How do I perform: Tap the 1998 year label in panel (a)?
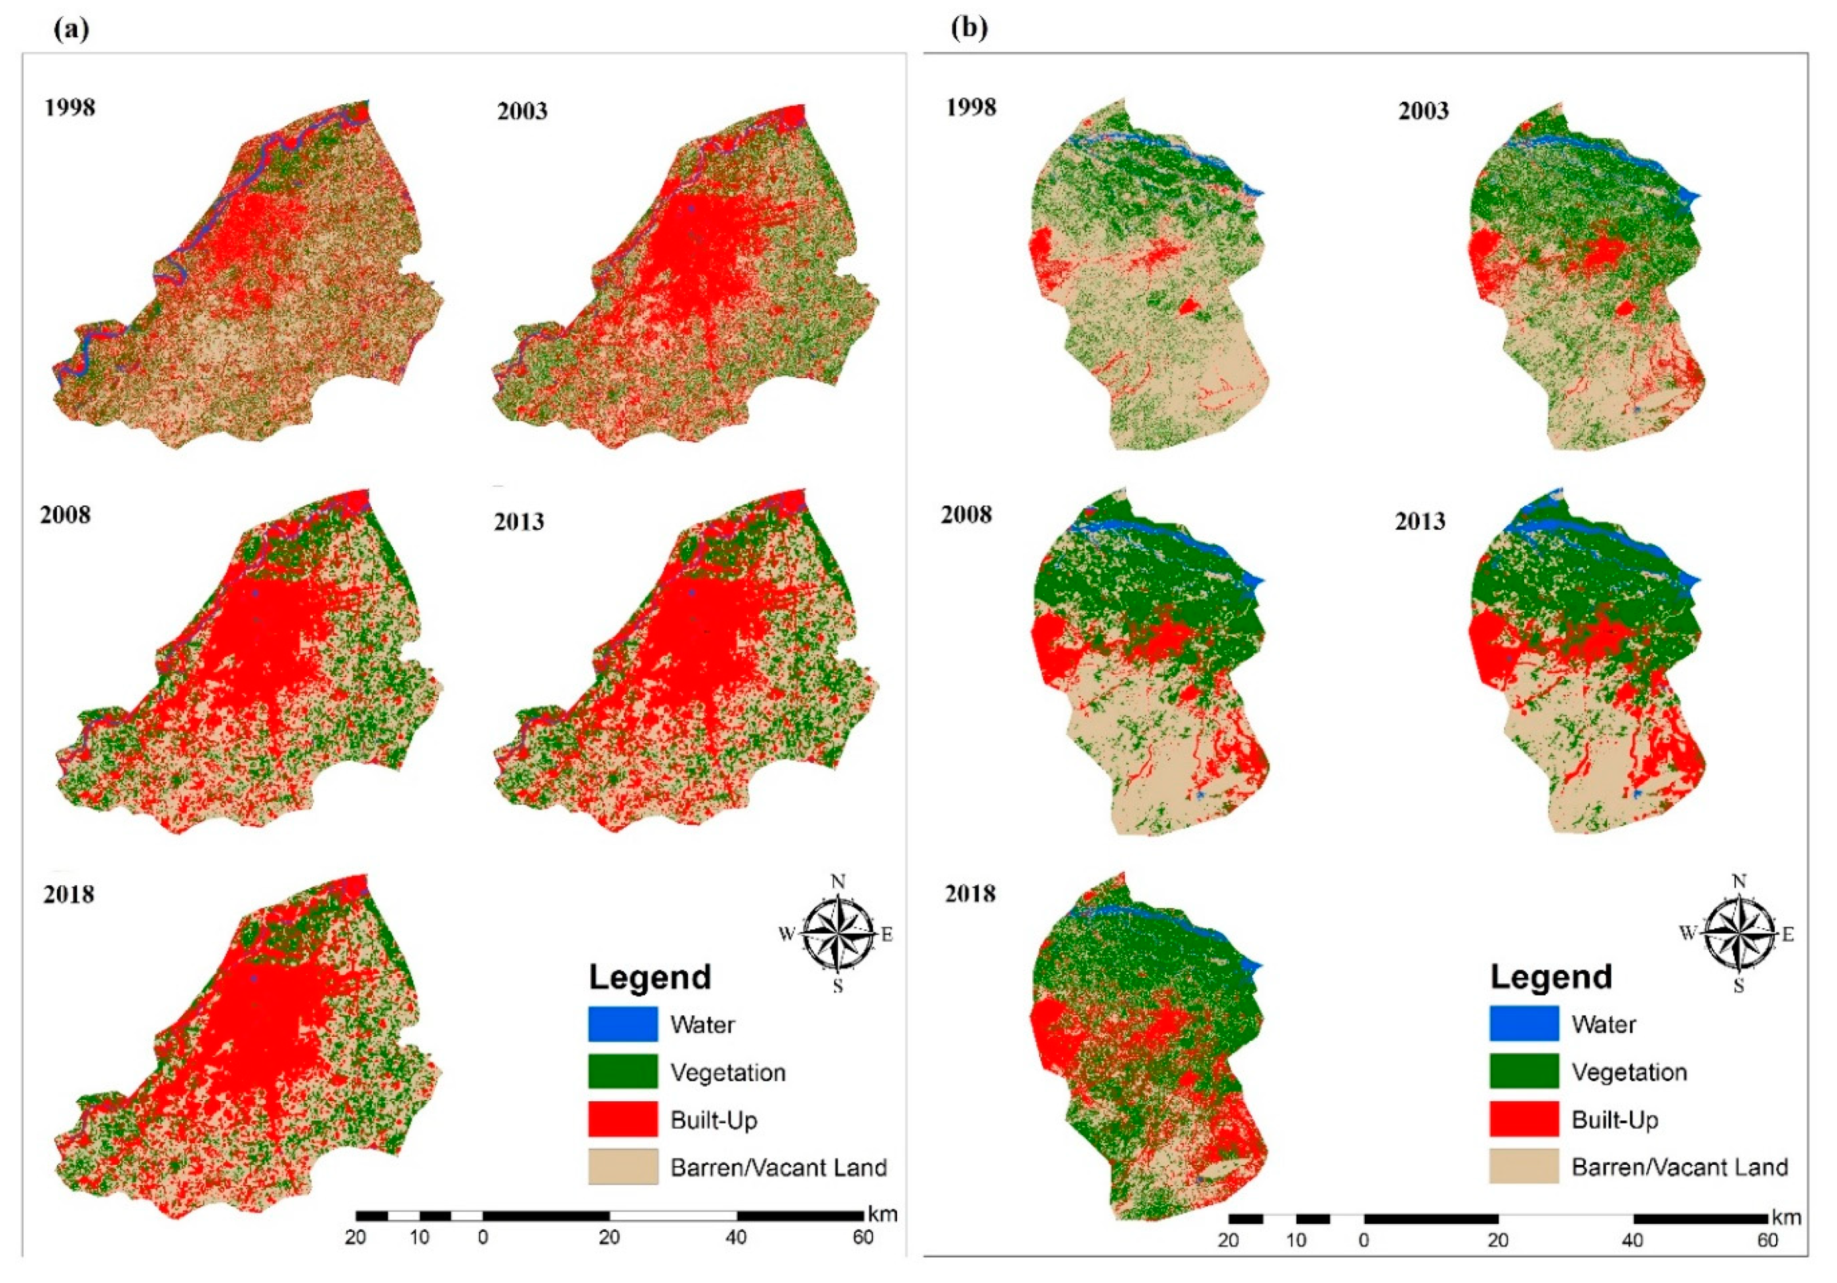pyautogui.click(x=70, y=107)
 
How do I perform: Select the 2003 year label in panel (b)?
pyautogui.click(x=1423, y=110)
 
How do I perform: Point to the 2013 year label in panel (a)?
pyautogui.click(x=519, y=522)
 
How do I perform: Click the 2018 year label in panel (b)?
pyautogui.click(x=971, y=893)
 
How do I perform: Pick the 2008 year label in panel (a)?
pyautogui.click(x=66, y=515)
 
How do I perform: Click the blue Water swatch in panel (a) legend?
pyautogui.click(x=622, y=1024)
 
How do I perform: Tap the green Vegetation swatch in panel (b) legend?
pyautogui.click(x=1524, y=1071)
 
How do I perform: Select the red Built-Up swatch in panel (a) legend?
pyautogui.click(x=622, y=1119)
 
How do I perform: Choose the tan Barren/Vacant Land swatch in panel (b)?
pyautogui.click(x=1524, y=1166)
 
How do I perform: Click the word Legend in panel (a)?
pyautogui.click(x=650, y=977)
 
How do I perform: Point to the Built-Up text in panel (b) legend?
pyautogui.click(x=1615, y=1120)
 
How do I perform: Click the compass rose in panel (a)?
pyautogui.click(x=837, y=933)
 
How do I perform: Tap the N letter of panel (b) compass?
pyautogui.click(x=1739, y=882)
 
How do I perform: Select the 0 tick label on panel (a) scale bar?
pyautogui.click(x=483, y=1237)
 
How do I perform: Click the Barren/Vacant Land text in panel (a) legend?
pyautogui.click(x=778, y=1167)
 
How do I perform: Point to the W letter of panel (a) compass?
pyautogui.click(x=786, y=934)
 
